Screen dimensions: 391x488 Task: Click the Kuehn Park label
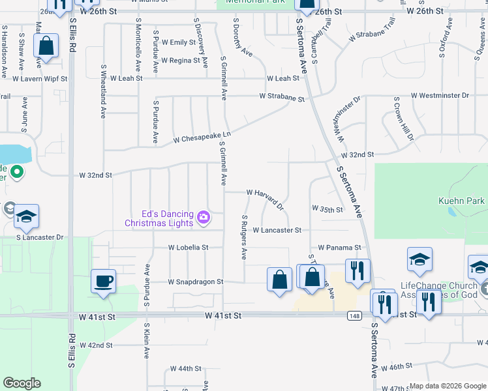461,201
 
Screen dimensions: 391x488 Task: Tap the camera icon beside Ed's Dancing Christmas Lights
204,216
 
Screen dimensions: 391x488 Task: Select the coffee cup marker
104,282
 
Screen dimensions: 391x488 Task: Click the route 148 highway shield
353,315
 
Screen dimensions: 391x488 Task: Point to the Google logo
22,383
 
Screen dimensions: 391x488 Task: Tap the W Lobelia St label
188,248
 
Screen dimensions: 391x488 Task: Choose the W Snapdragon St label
196,282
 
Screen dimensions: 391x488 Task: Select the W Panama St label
339,248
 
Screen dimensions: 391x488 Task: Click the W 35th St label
328,210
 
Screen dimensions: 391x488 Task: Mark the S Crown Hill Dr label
403,119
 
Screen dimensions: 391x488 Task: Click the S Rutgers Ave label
244,237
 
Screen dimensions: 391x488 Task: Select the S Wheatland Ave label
103,91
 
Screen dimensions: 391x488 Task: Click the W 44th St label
185,368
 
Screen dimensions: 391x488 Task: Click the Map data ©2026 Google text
447,386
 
